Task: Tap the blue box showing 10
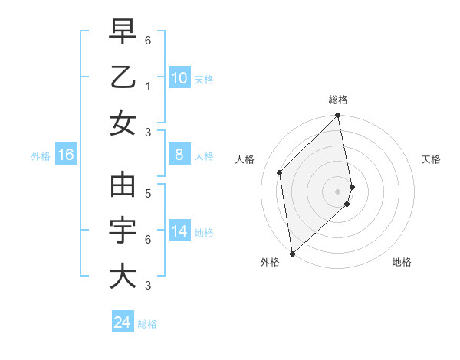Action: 179,77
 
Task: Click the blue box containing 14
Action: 179,232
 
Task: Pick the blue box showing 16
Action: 65,155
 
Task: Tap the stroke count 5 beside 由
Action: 147,194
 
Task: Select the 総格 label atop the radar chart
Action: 338,100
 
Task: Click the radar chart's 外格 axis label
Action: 269,262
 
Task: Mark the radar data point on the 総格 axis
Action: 338,116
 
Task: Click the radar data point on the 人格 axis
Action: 280,172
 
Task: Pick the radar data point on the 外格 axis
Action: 292,253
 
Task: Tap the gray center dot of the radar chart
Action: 338,191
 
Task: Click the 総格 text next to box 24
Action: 147,324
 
